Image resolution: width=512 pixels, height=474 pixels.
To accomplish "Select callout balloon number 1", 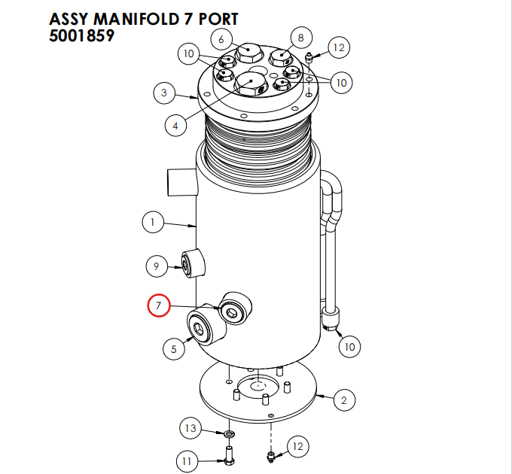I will [153, 222].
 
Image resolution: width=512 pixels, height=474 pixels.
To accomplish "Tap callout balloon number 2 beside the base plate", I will [343, 400].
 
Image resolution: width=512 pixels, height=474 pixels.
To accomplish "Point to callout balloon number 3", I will [164, 93].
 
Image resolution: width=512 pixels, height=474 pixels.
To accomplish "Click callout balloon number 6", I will [221, 38].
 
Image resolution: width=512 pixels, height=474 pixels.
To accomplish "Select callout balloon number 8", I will [300, 37].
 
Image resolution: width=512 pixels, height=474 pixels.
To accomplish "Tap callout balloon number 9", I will [156, 265].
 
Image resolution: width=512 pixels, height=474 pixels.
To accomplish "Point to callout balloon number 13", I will [190, 428].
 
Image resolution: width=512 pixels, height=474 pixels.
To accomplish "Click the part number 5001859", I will [81, 35].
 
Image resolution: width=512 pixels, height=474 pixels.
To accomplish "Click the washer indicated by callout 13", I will [227, 434].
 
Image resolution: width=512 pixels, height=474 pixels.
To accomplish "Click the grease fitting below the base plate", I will [271, 455].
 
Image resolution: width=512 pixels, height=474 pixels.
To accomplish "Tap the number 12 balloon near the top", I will [338, 48].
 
